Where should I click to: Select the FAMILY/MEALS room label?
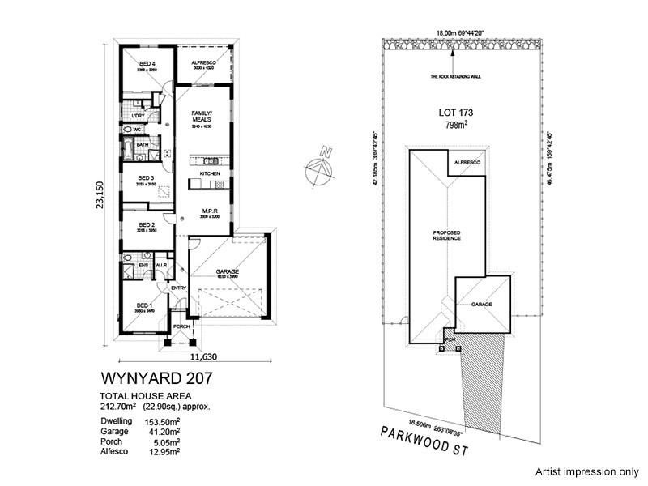tap(201, 116)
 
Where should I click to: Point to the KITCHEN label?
tap(211, 174)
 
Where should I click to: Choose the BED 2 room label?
tap(147, 224)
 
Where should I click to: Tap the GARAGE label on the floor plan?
tap(226, 272)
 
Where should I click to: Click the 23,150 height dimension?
tap(101, 194)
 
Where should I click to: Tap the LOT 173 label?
tap(456, 113)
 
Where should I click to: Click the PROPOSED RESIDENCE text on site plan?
tap(446, 236)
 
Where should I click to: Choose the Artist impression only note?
tap(585, 470)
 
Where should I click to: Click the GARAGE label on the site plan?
tap(483, 304)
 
